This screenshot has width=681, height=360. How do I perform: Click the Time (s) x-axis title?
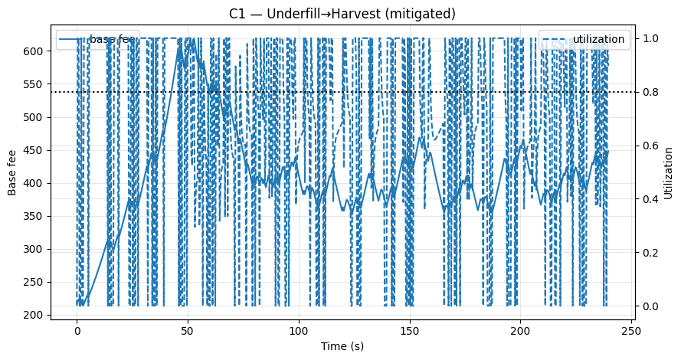click(342, 346)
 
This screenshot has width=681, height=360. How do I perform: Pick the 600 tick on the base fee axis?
click(36, 51)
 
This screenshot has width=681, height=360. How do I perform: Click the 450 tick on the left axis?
click(36, 150)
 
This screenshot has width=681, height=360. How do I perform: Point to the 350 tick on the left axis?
click(36, 216)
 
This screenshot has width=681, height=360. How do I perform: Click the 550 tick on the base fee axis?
click(36, 83)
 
